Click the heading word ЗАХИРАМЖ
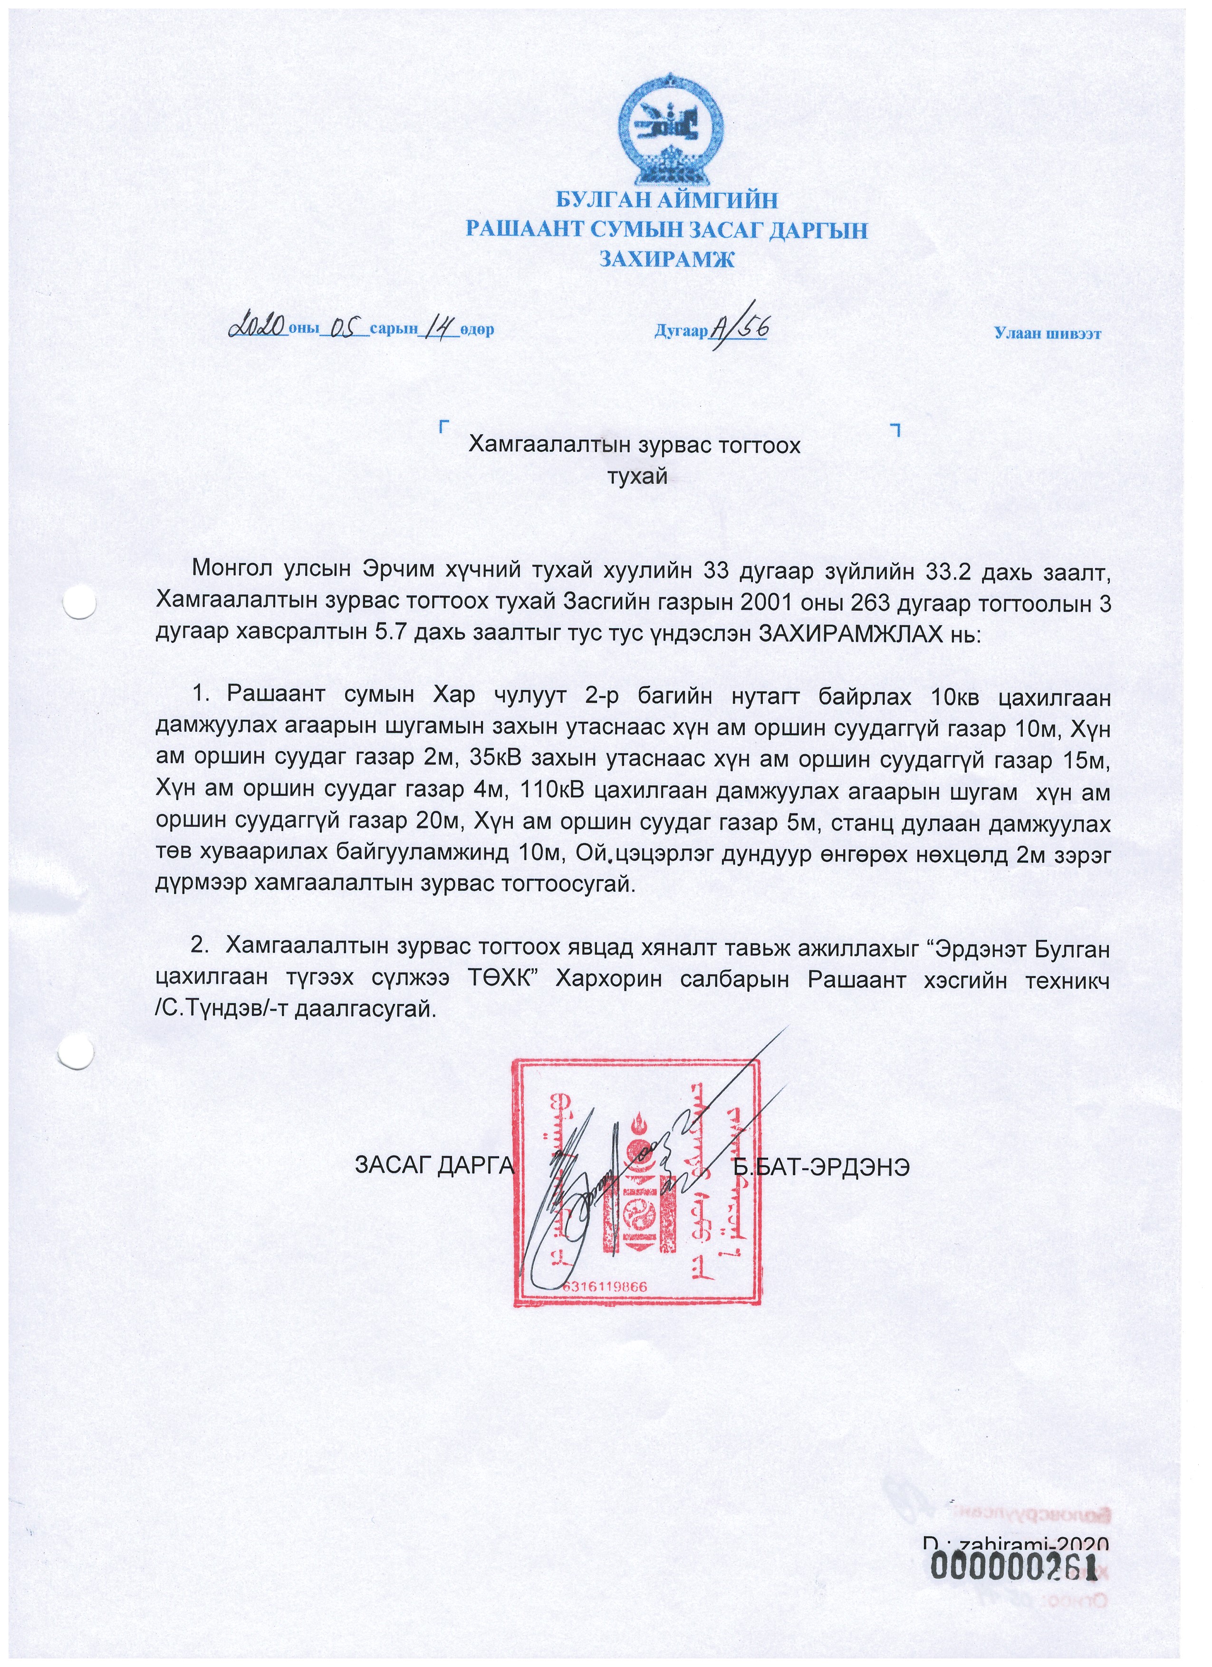click(x=667, y=259)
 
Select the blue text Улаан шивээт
click(x=1048, y=333)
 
